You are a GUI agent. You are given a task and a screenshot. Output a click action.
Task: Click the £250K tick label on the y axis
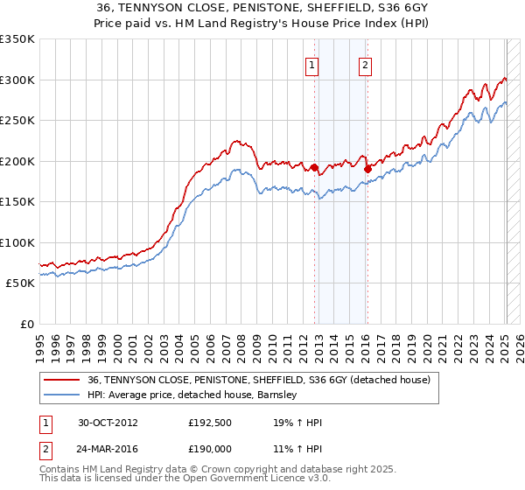pyautogui.click(x=17, y=121)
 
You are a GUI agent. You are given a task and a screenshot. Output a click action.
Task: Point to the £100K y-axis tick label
pyautogui.click(x=17, y=243)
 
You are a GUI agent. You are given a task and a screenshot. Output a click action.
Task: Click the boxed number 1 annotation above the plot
pyautogui.click(x=312, y=64)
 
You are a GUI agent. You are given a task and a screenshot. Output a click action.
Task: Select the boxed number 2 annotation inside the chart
pyautogui.click(x=364, y=64)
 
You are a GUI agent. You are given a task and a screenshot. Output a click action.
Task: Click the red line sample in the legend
pyautogui.click(x=60, y=381)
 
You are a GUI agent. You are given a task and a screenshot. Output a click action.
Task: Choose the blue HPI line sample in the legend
pyautogui.click(x=60, y=395)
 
